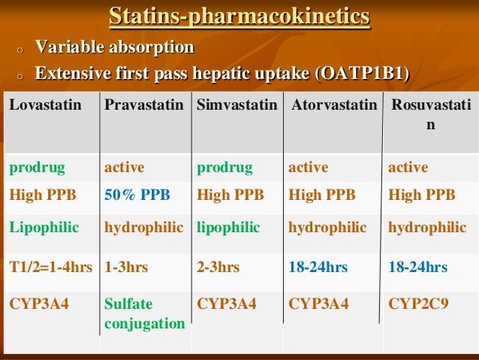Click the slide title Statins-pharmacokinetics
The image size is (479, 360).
click(239, 16)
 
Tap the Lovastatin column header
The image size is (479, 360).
click(45, 105)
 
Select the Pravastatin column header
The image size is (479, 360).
click(143, 105)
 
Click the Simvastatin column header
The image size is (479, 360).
click(236, 105)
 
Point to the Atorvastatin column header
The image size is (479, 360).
click(333, 105)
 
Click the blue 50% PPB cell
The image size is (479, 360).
click(137, 195)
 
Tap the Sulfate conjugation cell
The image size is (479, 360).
click(144, 313)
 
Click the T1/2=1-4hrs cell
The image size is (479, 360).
click(51, 267)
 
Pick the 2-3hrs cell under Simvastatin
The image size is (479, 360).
click(218, 267)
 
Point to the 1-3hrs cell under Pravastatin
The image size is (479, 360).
click(126, 267)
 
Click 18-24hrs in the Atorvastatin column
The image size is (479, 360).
click(318, 267)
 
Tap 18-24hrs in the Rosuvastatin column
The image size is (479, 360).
click(417, 267)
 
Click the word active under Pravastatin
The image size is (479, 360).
click(124, 167)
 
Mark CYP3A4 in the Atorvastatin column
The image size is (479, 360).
click(318, 304)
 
